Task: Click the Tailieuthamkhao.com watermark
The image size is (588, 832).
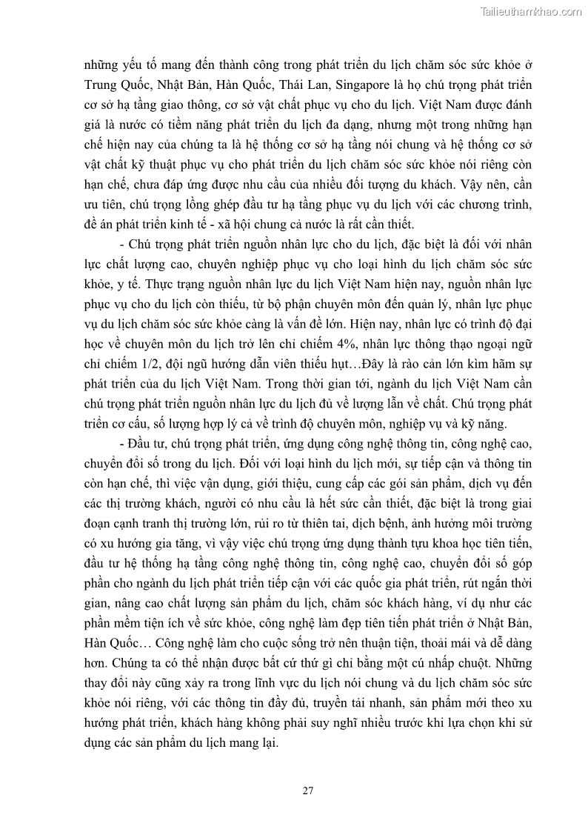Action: [531, 11]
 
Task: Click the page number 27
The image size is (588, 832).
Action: [308, 790]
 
